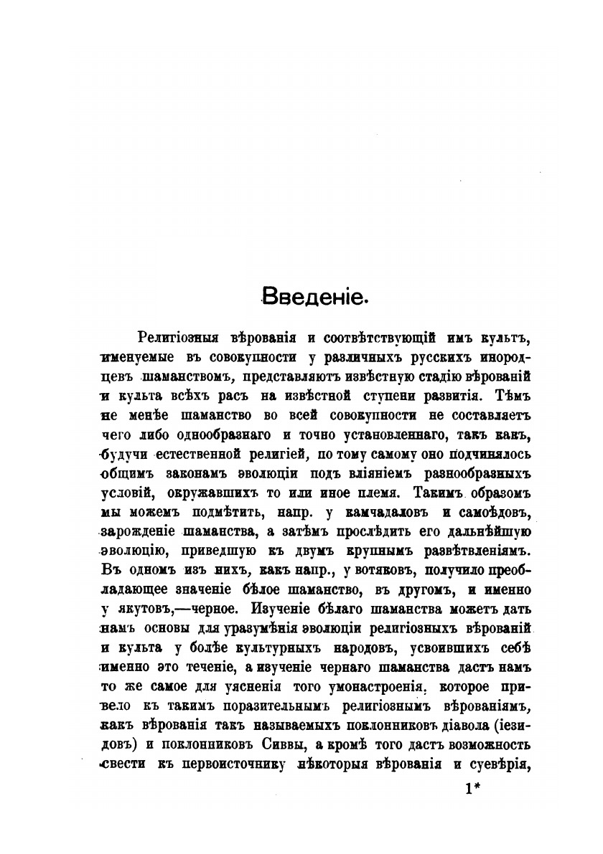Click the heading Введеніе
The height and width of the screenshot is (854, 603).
tap(314, 296)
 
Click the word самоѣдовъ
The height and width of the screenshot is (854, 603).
tap(497, 513)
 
